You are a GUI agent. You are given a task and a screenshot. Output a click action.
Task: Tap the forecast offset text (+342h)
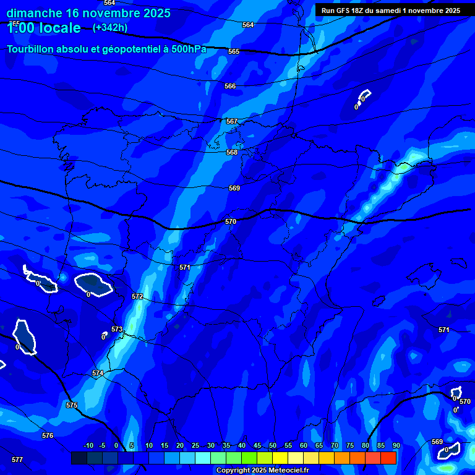109,28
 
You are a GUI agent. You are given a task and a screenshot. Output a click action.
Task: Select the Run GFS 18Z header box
391,11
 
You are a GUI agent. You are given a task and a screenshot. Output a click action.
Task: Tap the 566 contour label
230,87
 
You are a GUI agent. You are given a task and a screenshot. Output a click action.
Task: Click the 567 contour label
231,122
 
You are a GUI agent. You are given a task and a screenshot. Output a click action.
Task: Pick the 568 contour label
232,152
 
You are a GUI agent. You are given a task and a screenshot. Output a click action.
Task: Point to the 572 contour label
137,297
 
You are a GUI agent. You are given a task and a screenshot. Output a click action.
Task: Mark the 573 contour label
117,330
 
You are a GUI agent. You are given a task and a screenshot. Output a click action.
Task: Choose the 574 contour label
97,374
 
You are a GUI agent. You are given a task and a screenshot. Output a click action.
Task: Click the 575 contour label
72,405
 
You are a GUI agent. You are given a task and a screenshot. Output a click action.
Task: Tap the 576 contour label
48,436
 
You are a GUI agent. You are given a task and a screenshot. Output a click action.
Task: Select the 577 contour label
17,460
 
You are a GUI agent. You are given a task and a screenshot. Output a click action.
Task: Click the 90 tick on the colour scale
396,446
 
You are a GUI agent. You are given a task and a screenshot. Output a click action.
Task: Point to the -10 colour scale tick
88,446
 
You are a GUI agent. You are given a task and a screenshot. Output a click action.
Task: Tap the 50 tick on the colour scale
273,446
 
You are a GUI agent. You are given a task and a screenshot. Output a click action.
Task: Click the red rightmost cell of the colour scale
388,458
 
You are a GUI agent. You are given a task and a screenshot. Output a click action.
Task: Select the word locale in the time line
59,28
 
